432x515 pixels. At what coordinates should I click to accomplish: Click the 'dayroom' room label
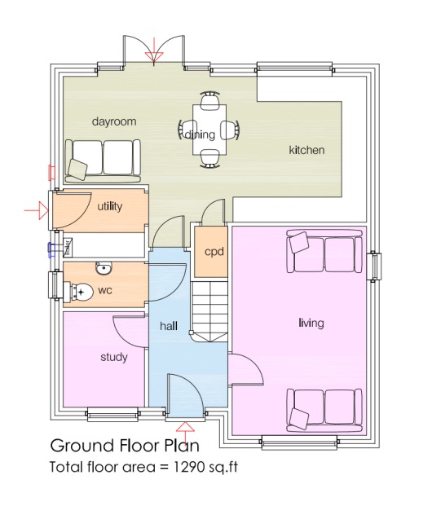(113, 121)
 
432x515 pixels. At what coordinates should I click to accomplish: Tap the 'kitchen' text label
(306, 150)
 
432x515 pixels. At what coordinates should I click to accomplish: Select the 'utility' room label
(109, 206)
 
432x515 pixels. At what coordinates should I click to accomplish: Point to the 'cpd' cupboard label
(214, 251)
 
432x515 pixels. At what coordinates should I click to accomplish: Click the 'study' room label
(113, 356)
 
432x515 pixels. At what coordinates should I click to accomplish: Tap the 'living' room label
(311, 323)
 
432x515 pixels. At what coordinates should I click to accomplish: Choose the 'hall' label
(169, 325)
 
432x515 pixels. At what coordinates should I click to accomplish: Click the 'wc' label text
(105, 289)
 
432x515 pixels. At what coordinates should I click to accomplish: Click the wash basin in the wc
(103, 269)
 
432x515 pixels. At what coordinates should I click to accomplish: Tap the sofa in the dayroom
(102, 158)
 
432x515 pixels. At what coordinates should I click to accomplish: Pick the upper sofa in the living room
(324, 253)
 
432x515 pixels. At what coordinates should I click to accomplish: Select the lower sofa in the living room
(324, 408)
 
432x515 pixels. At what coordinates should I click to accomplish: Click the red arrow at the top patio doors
(153, 54)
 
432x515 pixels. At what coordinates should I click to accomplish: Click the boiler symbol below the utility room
(68, 246)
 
